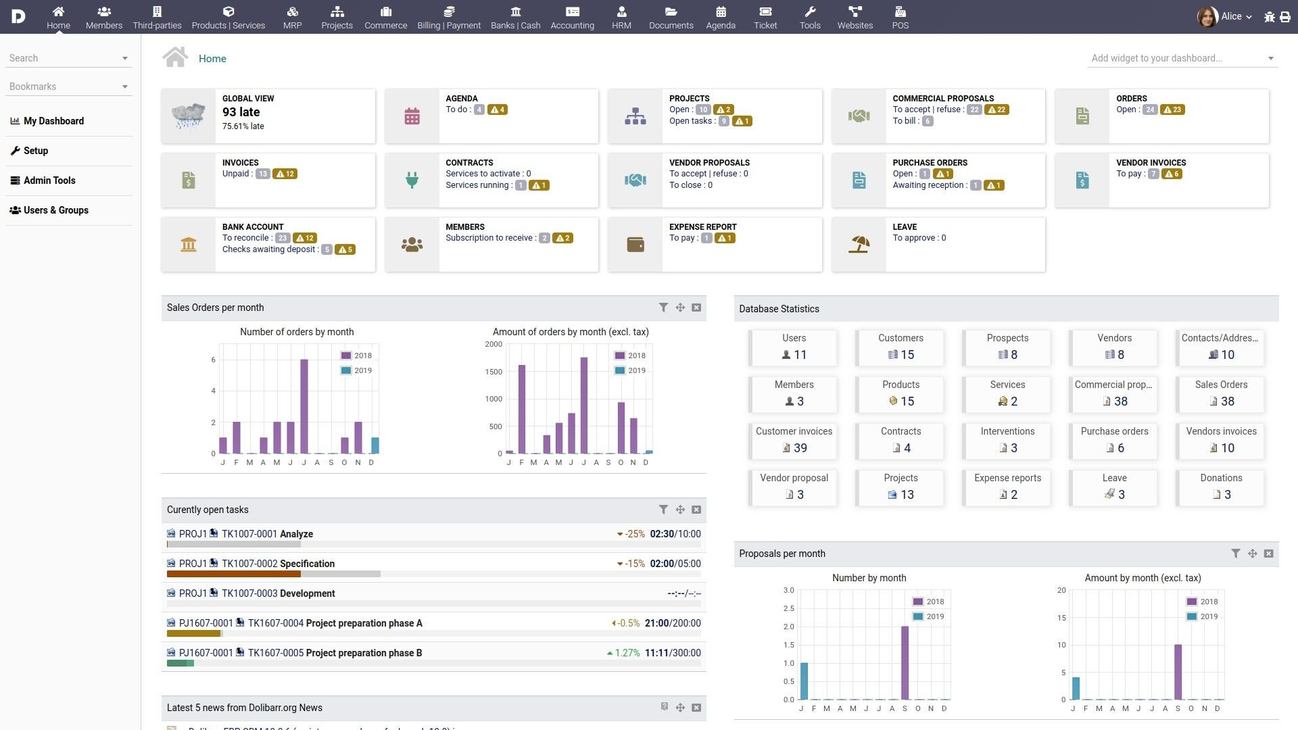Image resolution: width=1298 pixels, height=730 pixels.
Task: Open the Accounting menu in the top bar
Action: click(x=572, y=18)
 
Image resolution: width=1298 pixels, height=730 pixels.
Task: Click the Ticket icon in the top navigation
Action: click(x=765, y=12)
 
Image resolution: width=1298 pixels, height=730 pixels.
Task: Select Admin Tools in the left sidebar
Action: click(x=49, y=180)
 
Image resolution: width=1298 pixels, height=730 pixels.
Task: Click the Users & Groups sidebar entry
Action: click(x=55, y=210)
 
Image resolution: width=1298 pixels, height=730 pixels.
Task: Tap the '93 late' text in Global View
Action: click(x=241, y=112)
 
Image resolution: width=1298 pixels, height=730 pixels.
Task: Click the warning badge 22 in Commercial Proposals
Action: click(x=996, y=109)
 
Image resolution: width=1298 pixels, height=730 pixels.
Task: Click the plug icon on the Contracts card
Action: click(x=412, y=180)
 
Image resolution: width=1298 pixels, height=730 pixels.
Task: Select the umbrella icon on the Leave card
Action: click(x=859, y=244)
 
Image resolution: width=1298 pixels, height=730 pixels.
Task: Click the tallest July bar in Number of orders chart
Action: click(x=304, y=406)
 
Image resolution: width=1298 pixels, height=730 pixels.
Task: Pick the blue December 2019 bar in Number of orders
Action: click(x=375, y=445)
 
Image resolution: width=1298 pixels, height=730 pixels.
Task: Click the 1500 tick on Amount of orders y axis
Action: click(x=494, y=372)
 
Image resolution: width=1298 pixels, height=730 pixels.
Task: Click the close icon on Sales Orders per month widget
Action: click(x=696, y=308)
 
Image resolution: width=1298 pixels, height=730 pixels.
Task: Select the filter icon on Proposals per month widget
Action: click(x=1235, y=554)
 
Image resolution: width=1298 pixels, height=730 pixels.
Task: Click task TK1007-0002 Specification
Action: click(x=278, y=564)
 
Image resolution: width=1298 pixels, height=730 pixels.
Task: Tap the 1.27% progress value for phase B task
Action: click(x=627, y=653)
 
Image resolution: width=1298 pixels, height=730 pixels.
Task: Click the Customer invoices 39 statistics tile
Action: click(x=794, y=440)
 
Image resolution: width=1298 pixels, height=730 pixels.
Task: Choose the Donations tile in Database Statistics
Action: click(x=1220, y=487)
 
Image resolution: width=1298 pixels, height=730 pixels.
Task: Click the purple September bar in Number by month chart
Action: click(x=905, y=662)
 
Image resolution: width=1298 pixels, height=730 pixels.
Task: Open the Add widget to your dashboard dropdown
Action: click(x=1182, y=58)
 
